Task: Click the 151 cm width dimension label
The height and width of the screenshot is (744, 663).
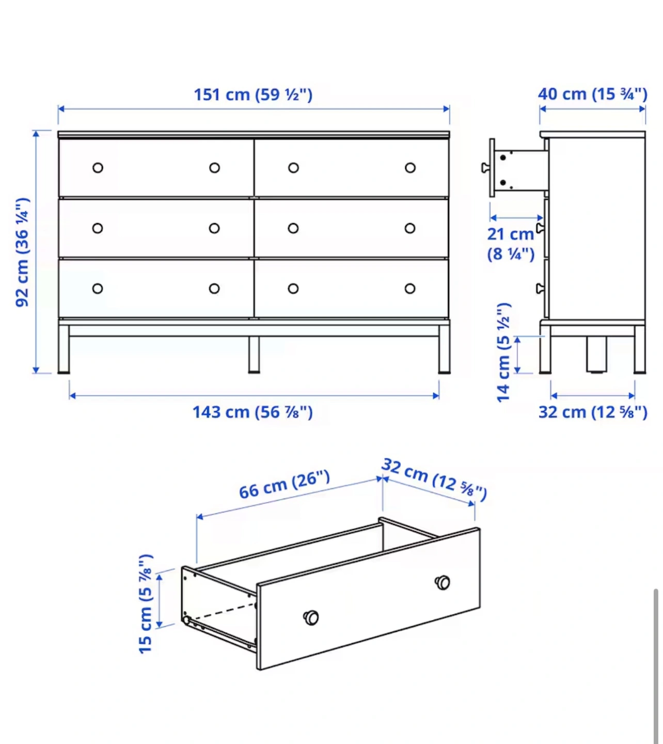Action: [x=253, y=95]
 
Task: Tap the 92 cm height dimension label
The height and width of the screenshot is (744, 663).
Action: [x=22, y=252]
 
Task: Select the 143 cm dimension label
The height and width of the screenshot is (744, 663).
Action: [x=252, y=412]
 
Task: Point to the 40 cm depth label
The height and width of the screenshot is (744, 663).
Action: [x=592, y=94]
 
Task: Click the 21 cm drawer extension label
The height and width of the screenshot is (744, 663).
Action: [x=511, y=244]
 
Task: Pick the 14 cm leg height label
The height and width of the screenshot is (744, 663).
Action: [x=503, y=352]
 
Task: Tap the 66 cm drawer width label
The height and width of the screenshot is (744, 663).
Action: [x=285, y=485]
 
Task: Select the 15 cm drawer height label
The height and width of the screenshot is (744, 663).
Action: [x=146, y=604]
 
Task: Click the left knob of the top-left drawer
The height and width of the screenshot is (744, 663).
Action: [x=98, y=168]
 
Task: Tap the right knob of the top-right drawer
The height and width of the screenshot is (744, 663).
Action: [x=410, y=168]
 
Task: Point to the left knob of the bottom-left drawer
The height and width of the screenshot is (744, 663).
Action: [x=97, y=289]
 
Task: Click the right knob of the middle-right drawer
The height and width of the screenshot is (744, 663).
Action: [x=409, y=228]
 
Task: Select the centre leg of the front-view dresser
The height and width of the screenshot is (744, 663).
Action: [x=254, y=355]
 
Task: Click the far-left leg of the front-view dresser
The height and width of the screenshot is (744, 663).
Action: [x=64, y=349]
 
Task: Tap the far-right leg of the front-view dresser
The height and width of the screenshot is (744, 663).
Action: [x=444, y=349]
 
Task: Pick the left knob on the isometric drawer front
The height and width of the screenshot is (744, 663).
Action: [x=311, y=617]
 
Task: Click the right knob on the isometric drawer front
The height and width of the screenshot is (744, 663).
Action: [x=443, y=582]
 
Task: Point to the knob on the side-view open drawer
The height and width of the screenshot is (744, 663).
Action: [x=485, y=168]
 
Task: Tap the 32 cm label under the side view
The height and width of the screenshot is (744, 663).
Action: [x=592, y=412]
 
